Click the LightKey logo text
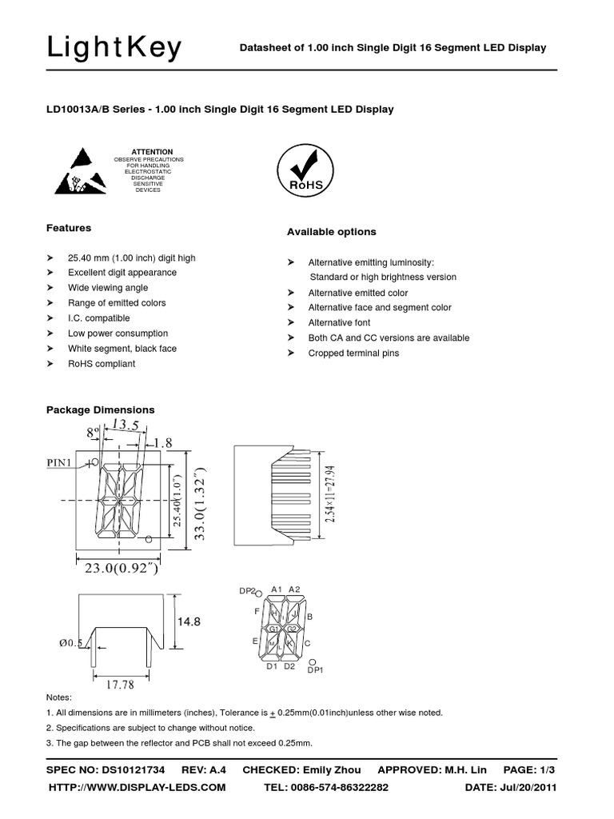pos(114,49)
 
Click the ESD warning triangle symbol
pos(78,171)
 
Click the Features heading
pos(69,228)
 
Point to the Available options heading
pos(331,232)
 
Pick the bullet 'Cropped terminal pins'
pos(353,353)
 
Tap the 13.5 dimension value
pos(126,424)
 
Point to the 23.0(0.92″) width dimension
pos(127,571)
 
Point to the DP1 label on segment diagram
pos(315,670)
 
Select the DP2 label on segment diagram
pos(247,591)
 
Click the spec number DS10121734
pos(134,770)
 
